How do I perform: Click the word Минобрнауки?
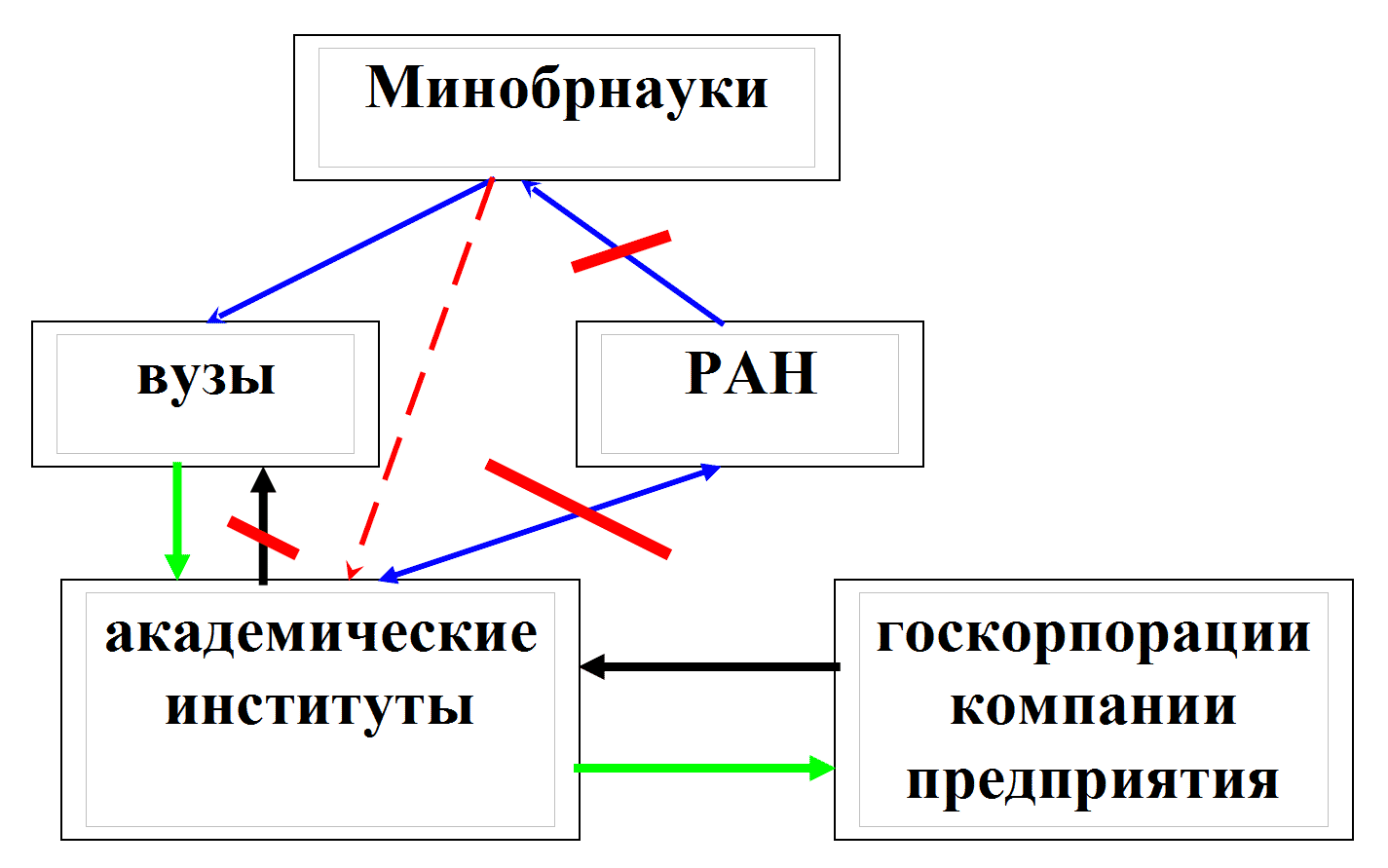[x=566, y=90]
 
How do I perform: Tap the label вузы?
[x=206, y=377]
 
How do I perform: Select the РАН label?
[x=750, y=373]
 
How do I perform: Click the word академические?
[x=320, y=633]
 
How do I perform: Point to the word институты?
[x=319, y=706]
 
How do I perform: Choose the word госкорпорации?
[x=1093, y=633]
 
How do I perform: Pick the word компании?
[x=1093, y=706]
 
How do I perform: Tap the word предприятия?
[x=1093, y=780]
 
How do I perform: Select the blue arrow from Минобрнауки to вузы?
[x=351, y=249]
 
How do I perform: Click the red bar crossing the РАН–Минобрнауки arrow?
[x=621, y=250]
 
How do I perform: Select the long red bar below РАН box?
[x=578, y=509]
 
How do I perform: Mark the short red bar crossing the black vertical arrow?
[x=263, y=539]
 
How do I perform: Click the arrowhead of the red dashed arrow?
[x=354, y=571]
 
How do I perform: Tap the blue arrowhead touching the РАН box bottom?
[x=709, y=472]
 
